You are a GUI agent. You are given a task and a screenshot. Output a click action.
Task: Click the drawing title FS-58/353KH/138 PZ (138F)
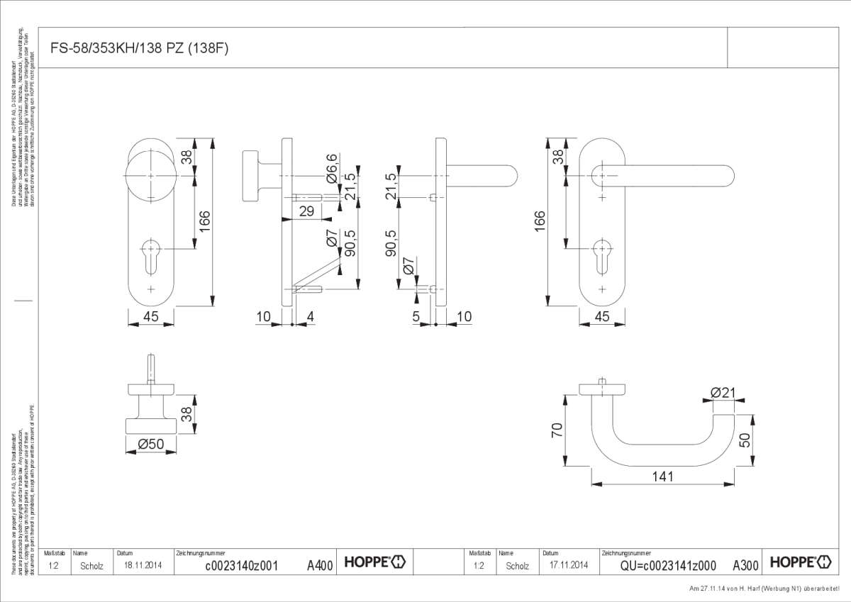[x=140, y=48]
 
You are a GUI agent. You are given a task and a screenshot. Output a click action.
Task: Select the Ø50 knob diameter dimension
[x=150, y=444]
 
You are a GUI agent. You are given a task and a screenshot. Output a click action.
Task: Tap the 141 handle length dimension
[x=662, y=476]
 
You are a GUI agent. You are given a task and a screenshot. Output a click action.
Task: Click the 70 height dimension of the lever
[x=557, y=430]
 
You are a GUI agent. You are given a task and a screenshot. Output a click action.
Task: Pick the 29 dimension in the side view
[x=306, y=211]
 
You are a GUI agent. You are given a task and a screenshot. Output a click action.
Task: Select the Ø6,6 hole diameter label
[x=331, y=168]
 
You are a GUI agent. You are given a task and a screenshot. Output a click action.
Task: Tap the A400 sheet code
[x=320, y=565]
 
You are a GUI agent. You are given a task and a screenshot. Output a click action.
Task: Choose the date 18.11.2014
[x=144, y=565]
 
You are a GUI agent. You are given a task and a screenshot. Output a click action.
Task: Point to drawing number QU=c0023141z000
[x=667, y=565]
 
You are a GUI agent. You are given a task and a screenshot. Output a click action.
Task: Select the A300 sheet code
[x=745, y=565]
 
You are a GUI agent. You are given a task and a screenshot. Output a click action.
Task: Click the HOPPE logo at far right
[x=801, y=562]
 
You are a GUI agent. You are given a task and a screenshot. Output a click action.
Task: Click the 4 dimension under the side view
[x=310, y=317]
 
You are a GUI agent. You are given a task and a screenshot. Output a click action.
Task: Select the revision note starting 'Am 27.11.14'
[x=769, y=589]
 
